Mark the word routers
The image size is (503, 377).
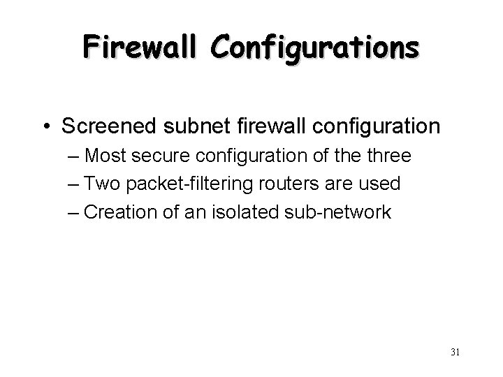coord(300,185)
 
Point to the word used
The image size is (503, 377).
coord(381,185)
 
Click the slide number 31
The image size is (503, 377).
coord(455,351)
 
